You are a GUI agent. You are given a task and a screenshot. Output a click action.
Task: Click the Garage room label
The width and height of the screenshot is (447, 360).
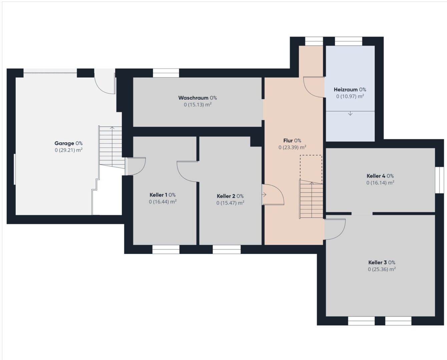(64, 143)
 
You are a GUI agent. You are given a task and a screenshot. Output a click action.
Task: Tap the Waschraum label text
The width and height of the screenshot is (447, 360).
(193, 98)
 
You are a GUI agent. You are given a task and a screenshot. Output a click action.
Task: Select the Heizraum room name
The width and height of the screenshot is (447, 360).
(346, 89)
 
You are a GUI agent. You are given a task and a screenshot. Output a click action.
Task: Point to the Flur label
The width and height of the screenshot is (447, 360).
(288, 141)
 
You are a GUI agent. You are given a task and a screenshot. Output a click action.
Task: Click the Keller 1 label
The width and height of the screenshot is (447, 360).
(158, 195)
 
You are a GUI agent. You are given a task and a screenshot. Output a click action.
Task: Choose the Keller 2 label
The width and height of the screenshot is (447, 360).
(226, 196)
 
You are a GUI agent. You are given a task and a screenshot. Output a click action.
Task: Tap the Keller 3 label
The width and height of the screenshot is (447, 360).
(378, 262)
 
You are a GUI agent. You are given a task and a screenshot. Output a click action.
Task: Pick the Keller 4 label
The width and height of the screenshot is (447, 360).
(376, 176)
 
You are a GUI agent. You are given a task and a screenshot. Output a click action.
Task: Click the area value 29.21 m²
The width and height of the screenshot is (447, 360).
(68, 150)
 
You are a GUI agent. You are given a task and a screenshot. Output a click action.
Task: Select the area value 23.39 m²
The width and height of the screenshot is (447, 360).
(292, 147)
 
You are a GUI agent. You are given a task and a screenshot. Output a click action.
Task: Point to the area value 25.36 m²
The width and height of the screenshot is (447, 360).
(382, 269)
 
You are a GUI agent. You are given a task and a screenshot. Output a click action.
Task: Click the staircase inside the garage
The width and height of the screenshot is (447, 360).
(112, 147)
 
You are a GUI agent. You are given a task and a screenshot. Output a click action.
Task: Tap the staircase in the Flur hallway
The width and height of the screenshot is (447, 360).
(311, 199)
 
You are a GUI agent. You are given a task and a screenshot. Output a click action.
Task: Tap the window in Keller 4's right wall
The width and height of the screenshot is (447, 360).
(439, 180)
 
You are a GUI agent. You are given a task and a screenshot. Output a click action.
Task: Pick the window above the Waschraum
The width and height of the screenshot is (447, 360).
(166, 73)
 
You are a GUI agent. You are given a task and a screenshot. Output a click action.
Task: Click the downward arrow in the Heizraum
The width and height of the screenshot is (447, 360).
(350, 113)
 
